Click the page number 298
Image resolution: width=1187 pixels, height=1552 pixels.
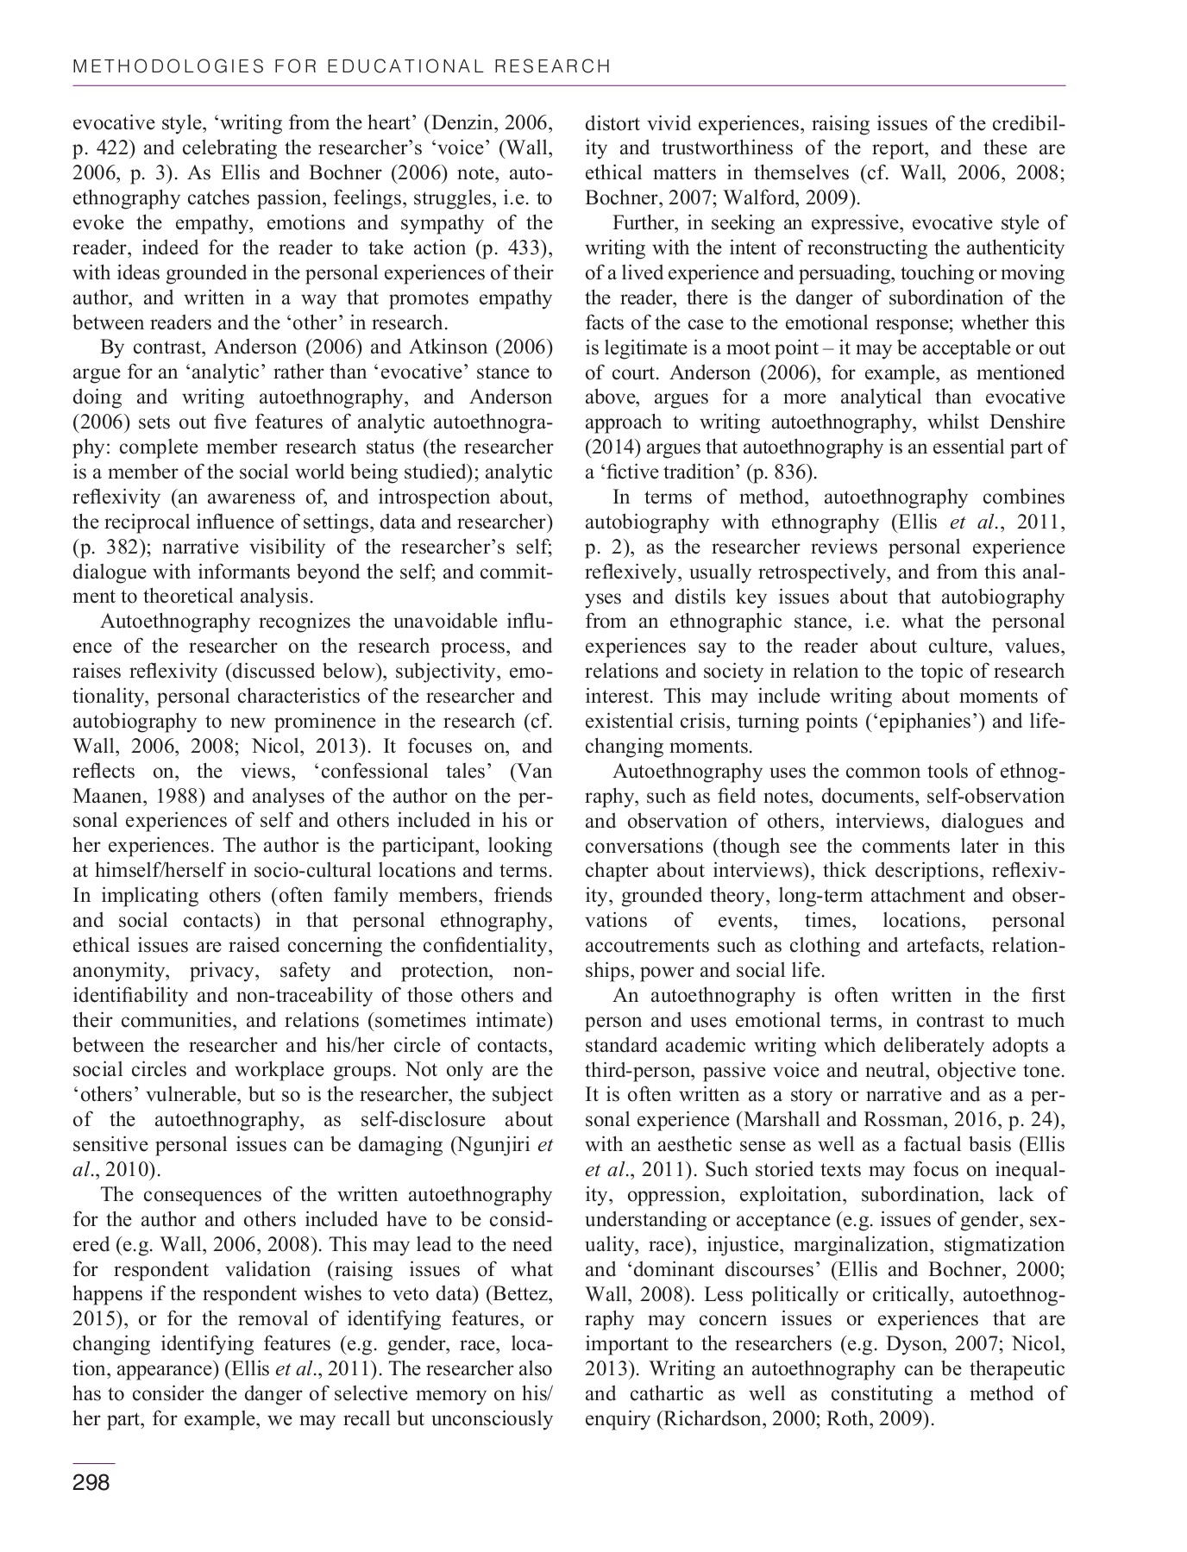tap(91, 1483)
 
